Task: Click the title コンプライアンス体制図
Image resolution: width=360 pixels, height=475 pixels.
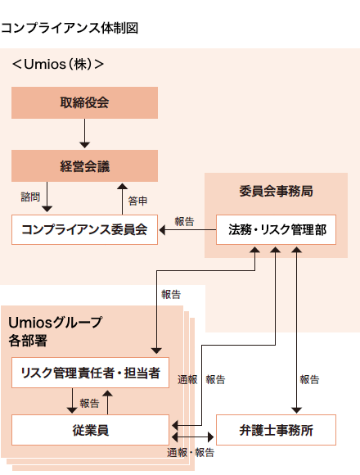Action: click(x=70, y=28)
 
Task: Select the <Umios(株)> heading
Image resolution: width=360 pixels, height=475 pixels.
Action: click(x=57, y=63)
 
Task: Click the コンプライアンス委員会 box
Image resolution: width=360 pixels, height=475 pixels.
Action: click(x=84, y=229)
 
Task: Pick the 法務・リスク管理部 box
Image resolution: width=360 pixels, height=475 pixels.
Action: click(x=276, y=229)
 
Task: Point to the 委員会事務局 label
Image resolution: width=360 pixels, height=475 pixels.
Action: click(x=276, y=191)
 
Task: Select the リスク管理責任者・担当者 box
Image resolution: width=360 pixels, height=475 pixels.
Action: click(x=90, y=373)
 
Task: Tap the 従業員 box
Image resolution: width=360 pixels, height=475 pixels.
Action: click(x=90, y=429)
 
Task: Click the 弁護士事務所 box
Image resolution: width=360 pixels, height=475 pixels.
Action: click(x=276, y=429)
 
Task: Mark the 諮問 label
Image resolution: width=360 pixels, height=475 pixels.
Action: click(x=30, y=197)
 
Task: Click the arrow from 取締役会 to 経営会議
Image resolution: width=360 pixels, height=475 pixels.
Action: click(x=84, y=134)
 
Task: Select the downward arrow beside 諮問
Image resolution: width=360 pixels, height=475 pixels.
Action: click(x=47, y=197)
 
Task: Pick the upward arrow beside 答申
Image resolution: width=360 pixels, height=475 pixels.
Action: click(x=119, y=197)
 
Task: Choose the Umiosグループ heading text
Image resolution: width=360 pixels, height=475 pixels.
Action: click(x=56, y=322)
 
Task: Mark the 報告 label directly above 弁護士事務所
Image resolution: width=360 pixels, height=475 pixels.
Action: click(x=309, y=379)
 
